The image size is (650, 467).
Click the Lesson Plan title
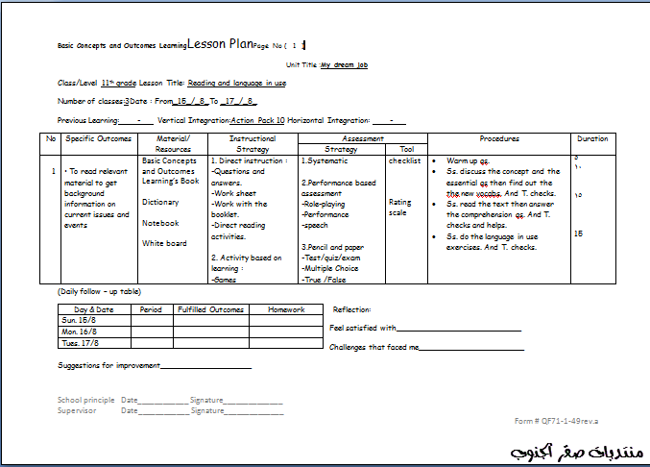[x=220, y=44]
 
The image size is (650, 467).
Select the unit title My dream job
[x=345, y=65]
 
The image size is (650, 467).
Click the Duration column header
[x=592, y=138]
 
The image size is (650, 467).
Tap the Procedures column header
[x=499, y=138]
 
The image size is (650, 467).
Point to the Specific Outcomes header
[x=99, y=138]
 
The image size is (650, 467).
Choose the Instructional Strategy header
[x=253, y=143]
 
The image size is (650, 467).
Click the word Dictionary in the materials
[x=160, y=202]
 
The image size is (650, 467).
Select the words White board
[x=164, y=243]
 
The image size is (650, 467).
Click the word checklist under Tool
[x=404, y=161]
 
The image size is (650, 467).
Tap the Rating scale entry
[x=399, y=207]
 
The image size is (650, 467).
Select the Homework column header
[x=286, y=309]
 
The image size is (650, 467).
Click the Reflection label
[x=351, y=309]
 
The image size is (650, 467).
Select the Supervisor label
[x=78, y=410]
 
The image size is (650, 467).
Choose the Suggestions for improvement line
[x=154, y=366]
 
